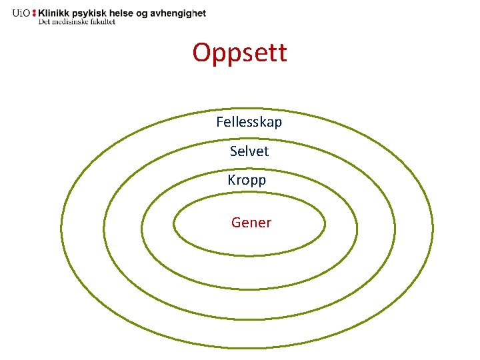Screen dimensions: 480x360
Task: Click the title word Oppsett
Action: [240, 52]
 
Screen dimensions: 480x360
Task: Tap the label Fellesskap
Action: [249, 122]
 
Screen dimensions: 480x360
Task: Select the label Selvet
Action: [249, 151]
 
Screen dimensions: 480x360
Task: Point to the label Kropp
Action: [247, 180]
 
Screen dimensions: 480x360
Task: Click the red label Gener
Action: [251, 223]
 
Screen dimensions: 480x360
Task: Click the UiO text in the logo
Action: [21, 13]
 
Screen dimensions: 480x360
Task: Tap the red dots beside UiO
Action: [34, 13]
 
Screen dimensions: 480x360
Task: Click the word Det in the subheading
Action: [45, 21]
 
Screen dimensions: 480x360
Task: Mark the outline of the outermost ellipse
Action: [61, 230]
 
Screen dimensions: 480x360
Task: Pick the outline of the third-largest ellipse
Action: [141, 227]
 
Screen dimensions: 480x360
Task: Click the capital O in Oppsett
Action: [202, 52]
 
